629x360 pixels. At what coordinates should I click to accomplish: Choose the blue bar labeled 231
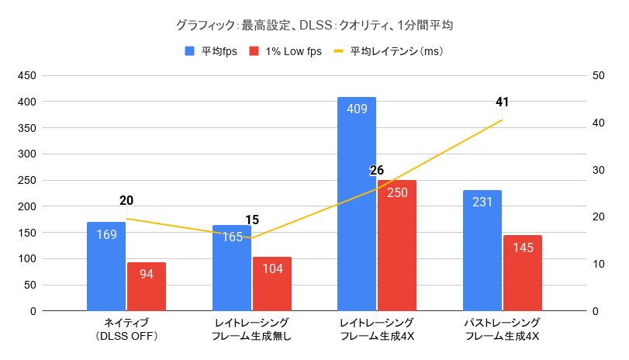pyautogui.click(x=482, y=250)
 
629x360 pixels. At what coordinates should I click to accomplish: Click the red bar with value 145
pyautogui.click(x=522, y=272)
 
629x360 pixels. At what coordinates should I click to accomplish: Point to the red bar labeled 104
pyautogui.click(x=272, y=283)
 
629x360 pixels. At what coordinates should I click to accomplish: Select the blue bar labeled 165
pyautogui.click(x=232, y=268)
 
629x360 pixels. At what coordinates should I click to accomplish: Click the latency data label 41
pyautogui.click(x=502, y=102)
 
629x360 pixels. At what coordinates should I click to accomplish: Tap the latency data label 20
pyautogui.click(x=126, y=200)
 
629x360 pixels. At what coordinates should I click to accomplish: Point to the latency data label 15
pyautogui.click(x=251, y=220)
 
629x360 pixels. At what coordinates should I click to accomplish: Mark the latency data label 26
pyautogui.click(x=377, y=171)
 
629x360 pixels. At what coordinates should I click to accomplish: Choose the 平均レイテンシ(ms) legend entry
pyautogui.click(x=388, y=52)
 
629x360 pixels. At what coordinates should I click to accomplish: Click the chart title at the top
pyautogui.click(x=314, y=25)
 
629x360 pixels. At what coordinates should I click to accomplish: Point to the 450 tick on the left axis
pyautogui.click(x=26, y=76)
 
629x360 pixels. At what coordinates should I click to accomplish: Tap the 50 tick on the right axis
pyautogui.click(x=598, y=76)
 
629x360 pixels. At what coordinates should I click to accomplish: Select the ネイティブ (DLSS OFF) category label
pyautogui.click(x=126, y=329)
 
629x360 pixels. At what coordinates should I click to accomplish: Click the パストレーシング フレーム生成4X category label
pyautogui.click(x=502, y=329)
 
